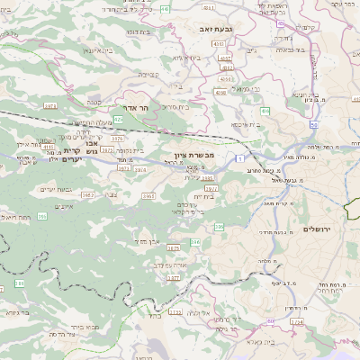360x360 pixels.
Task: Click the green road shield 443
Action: tap(165, 8)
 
